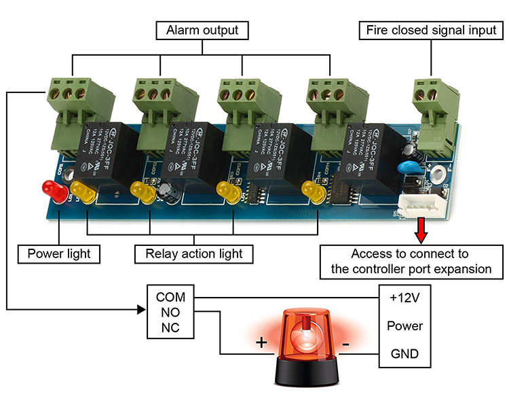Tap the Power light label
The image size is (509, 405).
click(x=59, y=254)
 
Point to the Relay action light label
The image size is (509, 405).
click(x=194, y=254)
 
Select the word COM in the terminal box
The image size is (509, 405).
click(x=170, y=297)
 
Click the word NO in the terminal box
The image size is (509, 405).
click(x=170, y=313)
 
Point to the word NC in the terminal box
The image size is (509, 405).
click(x=170, y=328)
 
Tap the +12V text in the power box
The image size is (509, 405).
click(x=404, y=298)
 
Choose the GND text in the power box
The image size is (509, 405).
click(x=404, y=354)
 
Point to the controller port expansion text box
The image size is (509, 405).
click(x=411, y=262)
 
